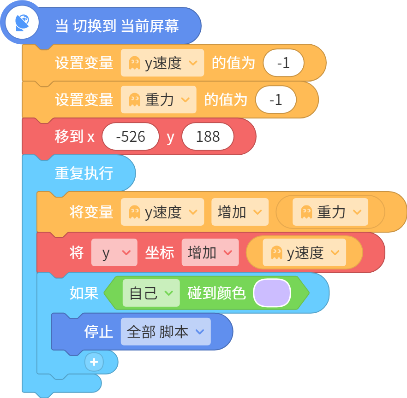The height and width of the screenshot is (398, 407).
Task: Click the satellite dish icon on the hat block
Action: click(22, 23)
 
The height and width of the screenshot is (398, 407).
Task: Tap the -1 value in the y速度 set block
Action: click(283, 63)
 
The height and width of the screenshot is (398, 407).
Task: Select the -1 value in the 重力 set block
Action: click(275, 99)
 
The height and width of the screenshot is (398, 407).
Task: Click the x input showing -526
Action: click(131, 136)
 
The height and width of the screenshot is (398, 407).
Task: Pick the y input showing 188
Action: click(208, 136)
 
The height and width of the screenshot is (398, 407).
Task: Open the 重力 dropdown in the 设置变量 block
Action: click(159, 99)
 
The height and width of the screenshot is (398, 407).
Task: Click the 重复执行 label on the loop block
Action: click(84, 173)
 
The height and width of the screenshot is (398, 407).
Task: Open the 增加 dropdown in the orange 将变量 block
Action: click(240, 212)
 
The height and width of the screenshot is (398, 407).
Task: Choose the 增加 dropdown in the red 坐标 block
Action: click(210, 252)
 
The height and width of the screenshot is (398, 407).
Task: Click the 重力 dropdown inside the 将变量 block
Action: click(330, 212)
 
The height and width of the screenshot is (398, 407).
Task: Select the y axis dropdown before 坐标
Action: click(114, 252)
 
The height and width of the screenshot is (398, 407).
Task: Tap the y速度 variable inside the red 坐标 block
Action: click(305, 252)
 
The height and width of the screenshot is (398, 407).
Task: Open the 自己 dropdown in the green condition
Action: click(151, 293)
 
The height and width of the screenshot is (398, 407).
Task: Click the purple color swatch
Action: click(272, 293)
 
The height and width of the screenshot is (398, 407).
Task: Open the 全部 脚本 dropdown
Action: click(166, 331)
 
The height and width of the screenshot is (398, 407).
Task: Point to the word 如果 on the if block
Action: click(84, 293)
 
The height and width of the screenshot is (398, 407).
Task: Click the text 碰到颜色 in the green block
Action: click(216, 293)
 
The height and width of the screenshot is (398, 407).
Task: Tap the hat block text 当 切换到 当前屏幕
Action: click(117, 26)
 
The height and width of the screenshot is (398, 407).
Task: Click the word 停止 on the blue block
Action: click(98, 332)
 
